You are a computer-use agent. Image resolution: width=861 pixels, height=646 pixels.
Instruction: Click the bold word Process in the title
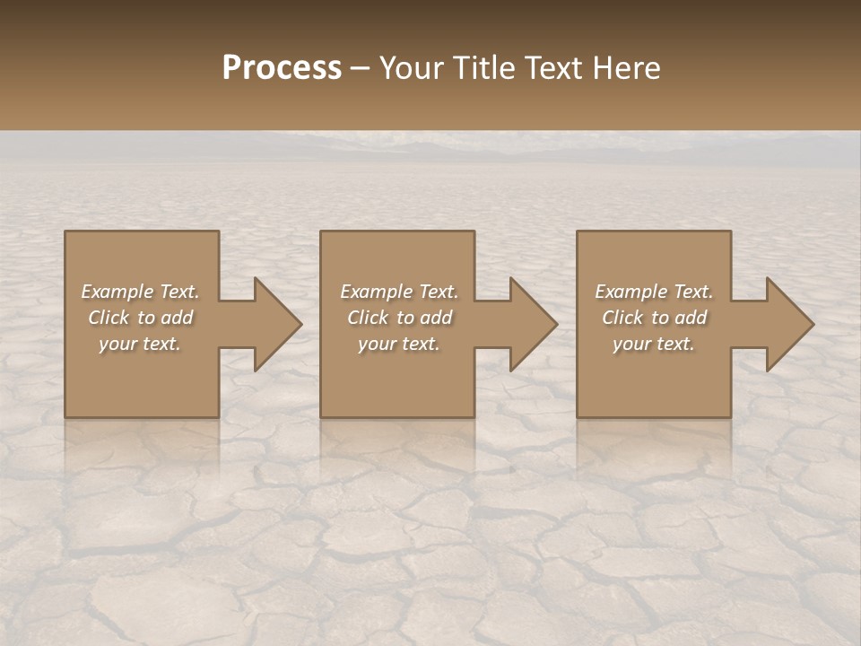tap(282, 68)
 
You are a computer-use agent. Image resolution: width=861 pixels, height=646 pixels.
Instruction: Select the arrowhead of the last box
tap(788, 324)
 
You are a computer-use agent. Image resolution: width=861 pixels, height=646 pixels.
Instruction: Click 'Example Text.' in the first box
tap(141, 292)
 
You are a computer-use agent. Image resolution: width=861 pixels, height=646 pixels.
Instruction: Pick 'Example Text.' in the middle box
tap(399, 292)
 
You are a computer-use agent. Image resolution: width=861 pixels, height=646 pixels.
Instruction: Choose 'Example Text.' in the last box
tap(654, 292)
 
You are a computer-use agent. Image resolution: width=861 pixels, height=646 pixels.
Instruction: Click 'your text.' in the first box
tap(140, 344)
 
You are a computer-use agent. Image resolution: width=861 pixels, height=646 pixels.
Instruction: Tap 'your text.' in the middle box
tap(399, 344)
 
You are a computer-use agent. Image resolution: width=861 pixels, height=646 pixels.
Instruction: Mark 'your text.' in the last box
tap(654, 344)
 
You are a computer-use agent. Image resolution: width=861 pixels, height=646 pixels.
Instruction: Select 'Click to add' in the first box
tap(141, 318)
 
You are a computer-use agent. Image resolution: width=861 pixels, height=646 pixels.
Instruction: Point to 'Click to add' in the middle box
tap(399, 318)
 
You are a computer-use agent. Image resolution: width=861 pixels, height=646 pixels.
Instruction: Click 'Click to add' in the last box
tap(654, 318)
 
